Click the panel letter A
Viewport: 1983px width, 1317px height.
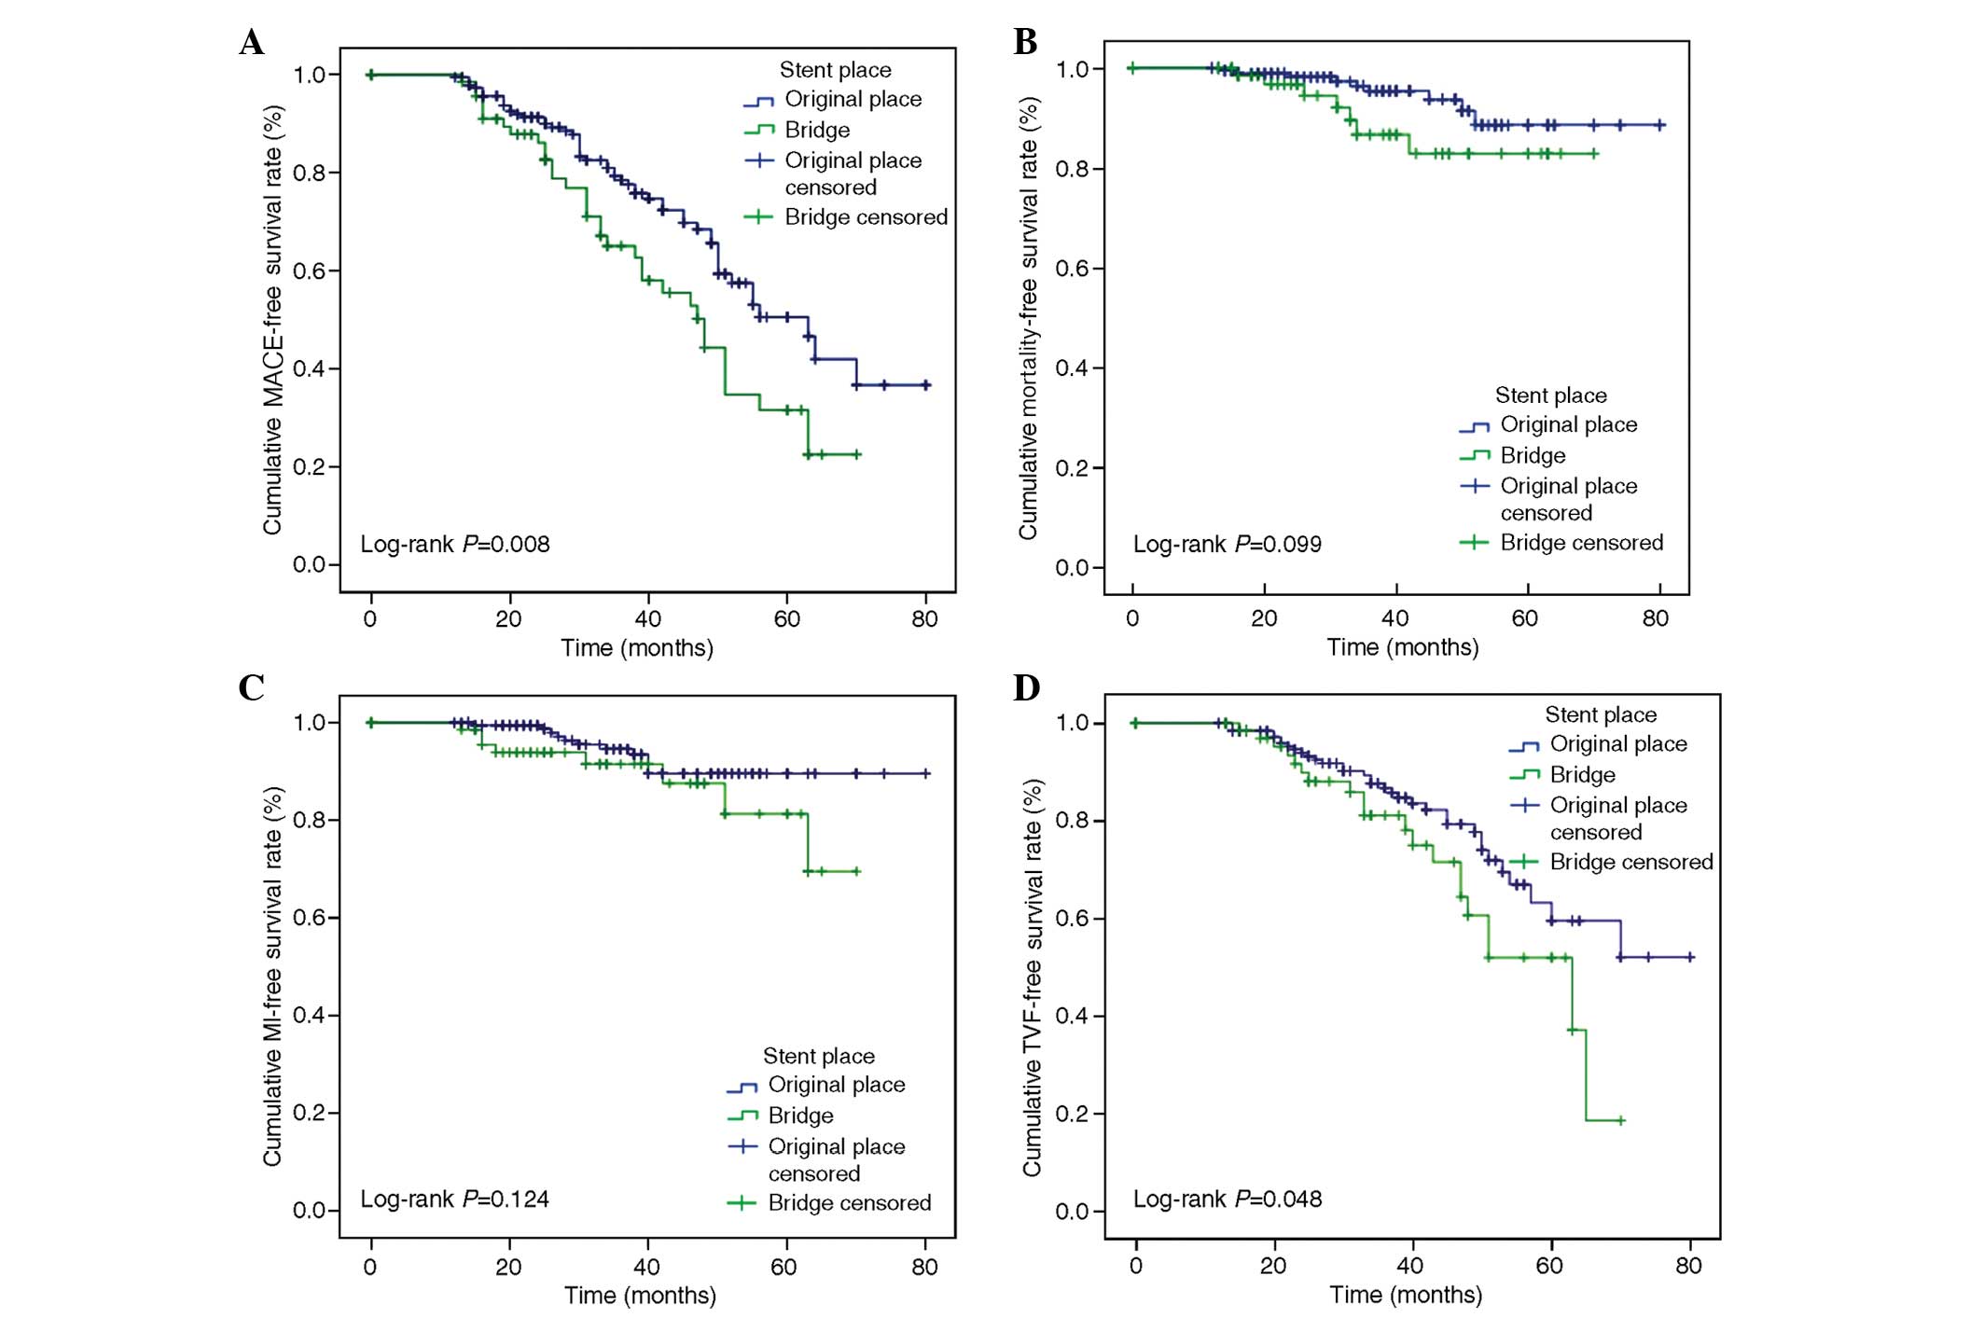(252, 43)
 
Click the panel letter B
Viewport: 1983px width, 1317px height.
(1025, 43)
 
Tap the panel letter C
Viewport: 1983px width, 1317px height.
(252, 688)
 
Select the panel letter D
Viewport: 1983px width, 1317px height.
(1026, 688)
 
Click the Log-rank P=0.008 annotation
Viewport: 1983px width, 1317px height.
(455, 544)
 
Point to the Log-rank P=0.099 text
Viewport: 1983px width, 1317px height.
(1227, 544)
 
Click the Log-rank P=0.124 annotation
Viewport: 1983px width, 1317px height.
(455, 1199)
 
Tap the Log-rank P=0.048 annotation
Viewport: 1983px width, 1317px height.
(1227, 1199)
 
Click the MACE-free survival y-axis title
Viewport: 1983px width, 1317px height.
(272, 320)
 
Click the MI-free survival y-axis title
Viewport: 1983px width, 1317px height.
(272, 976)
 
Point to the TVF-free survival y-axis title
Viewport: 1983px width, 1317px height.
(1032, 977)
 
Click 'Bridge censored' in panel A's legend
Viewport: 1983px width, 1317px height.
(866, 217)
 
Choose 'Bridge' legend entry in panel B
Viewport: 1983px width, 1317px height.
(1532, 455)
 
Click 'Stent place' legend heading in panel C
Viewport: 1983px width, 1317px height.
(819, 1056)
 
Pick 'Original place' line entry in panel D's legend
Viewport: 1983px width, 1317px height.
(1618, 744)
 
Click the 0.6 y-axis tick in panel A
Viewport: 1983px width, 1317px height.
(311, 271)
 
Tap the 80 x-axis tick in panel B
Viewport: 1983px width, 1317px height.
(1656, 618)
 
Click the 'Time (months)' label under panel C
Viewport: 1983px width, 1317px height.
(640, 1296)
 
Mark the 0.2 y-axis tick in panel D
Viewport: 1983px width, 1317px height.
(1074, 1114)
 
